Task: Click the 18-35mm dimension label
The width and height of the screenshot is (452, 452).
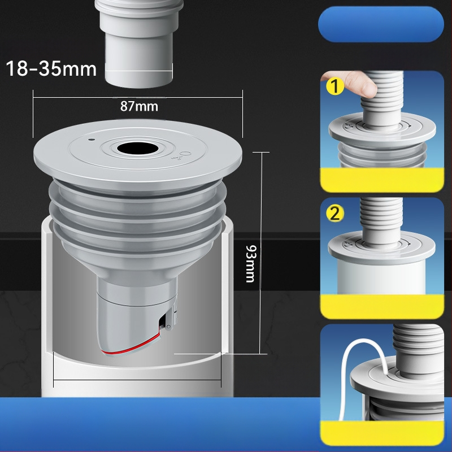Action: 51,69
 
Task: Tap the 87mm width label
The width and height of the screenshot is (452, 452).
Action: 139,106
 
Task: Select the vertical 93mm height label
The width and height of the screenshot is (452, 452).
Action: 250,263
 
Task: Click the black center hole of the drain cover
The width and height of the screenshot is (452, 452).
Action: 138,149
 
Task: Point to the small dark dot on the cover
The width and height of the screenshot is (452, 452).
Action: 92,140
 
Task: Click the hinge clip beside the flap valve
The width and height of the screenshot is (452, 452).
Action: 171,317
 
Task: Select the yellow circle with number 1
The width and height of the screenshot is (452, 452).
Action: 335,86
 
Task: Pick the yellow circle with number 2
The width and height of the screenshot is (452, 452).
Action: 335,214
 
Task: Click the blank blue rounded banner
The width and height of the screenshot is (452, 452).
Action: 381,24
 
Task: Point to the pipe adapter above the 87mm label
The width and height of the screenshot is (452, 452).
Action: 138,44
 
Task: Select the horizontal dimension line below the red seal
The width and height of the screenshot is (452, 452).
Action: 137,380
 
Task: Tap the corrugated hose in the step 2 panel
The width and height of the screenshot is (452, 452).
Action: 381,220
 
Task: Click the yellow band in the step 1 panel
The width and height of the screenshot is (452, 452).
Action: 383,179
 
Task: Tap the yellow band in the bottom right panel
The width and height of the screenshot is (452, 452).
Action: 383,432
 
